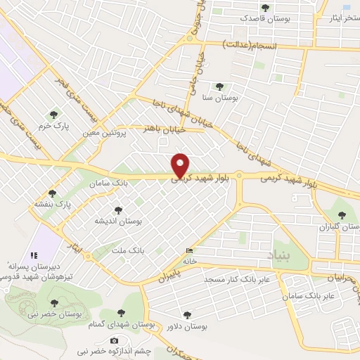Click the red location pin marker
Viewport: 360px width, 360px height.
[x=181, y=165]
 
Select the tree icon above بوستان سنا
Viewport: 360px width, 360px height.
[x=220, y=87]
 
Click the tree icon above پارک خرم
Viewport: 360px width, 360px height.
[x=52, y=115]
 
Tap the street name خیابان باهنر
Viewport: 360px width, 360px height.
[x=164, y=129]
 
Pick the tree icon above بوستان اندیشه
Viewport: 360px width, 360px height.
[x=118, y=209]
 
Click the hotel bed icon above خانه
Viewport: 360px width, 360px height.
[x=189, y=250]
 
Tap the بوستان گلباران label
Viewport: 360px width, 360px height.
[x=340, y=228]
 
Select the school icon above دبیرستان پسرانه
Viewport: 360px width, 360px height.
[x=33, y=255]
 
